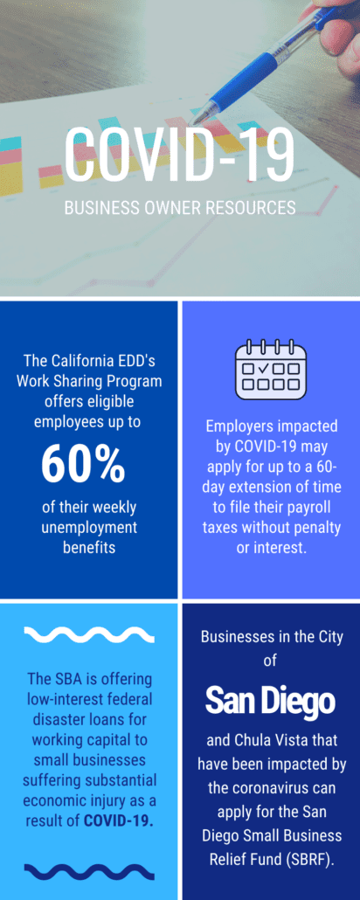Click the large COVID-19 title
pos(180,154)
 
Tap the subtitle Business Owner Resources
pos(180,207)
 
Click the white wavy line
pos(89,635)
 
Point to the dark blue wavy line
pos(89,872)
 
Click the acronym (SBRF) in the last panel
pos(314,862)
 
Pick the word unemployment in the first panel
pos(89,528)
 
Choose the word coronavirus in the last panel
pos(270,787)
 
